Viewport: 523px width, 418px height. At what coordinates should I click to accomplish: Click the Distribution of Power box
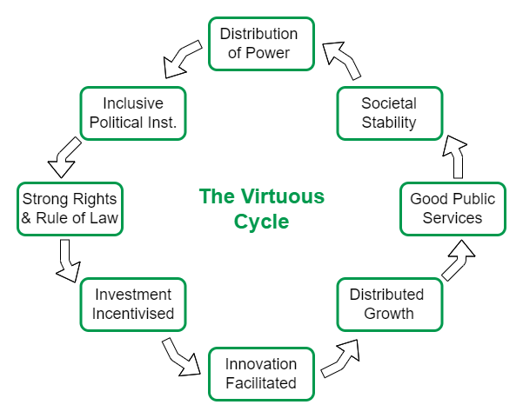pos(258,43)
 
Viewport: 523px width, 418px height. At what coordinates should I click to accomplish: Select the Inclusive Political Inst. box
pos(133,113)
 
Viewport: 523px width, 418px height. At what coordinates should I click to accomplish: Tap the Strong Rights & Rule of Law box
pos(70,209)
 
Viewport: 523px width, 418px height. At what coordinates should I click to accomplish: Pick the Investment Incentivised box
pos(133,303)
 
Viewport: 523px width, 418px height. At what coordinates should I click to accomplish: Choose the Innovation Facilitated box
pos(261,373)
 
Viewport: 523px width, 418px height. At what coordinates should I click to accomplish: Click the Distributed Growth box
pos(387,303)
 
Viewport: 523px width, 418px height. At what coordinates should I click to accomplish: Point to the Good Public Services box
pos(453,209)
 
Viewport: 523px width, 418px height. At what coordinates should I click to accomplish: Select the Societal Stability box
pos(389,113)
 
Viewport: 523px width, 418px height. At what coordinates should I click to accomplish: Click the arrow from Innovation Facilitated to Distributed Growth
pos(341,357)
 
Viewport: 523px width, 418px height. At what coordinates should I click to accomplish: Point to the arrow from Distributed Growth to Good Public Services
pos(458,259)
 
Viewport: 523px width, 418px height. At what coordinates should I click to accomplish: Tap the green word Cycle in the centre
pos(261,222)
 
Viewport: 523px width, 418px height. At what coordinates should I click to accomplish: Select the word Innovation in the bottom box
pos(261,363)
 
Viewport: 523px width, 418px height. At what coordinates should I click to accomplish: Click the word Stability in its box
pos(389,123)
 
